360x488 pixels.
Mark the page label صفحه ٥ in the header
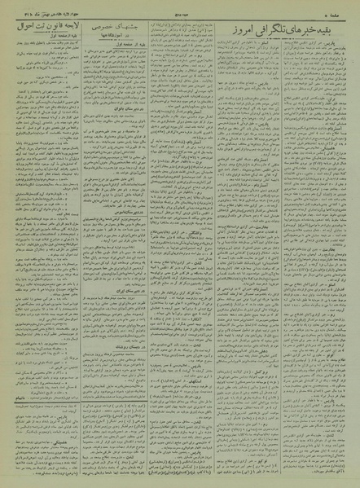click(342, 12)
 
